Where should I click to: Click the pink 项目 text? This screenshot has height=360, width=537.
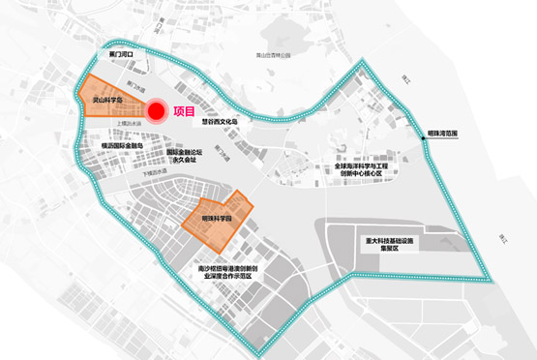pos(186,111)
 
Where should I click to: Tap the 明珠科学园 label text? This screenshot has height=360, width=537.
pos(219,220)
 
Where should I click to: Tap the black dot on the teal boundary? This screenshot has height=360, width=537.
pos(424,145)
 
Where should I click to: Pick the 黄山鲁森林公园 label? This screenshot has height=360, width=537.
pos(271,56)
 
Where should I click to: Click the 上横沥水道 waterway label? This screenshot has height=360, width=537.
pos(130,123)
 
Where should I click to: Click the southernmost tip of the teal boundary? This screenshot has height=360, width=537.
pos(255,348)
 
